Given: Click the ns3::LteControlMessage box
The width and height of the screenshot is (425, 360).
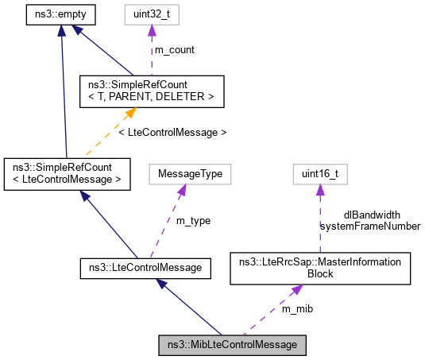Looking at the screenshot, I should click(x=145, y=269).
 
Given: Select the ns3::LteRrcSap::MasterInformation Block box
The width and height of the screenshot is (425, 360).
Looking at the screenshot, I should click(x=319, y=269).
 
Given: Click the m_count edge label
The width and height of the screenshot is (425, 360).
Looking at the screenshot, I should click(x=174, y=50).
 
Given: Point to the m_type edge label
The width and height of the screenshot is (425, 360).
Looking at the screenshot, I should click(x=192, y=220).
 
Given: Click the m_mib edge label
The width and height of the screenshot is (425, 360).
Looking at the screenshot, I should click(x=299, y=308).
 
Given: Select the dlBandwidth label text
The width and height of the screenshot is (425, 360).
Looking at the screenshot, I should click(x=371, y=215).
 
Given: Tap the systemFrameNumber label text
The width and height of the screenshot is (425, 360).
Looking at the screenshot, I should click(x=369, y=226).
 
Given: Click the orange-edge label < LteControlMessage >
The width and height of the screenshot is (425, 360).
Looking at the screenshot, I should click(x=172, y=132).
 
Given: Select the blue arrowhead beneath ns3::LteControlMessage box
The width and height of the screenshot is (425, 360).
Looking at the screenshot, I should click(x=162, y=284).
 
